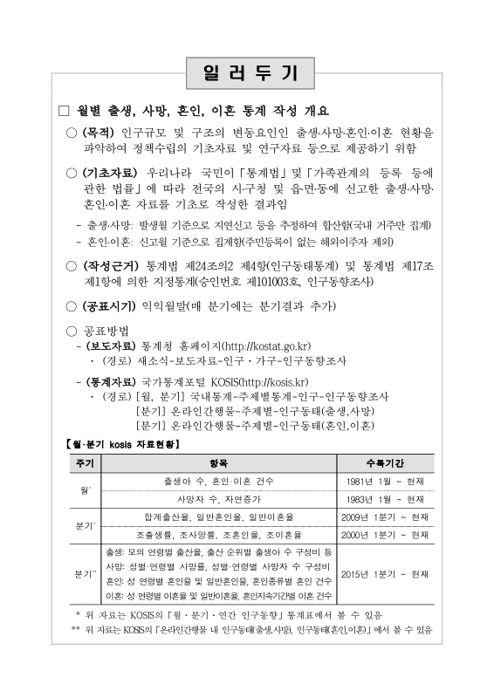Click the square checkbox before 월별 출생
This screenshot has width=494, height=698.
click(x=62, y=111)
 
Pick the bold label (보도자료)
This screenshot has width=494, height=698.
click(x=111, y=346)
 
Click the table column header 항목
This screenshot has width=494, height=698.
click(x=220, y=462)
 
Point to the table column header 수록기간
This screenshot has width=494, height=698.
click(x=383, y=462)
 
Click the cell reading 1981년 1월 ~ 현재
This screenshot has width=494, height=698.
click(x=384, y=481)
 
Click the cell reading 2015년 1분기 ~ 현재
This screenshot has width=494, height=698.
click(x=384, y=574)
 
